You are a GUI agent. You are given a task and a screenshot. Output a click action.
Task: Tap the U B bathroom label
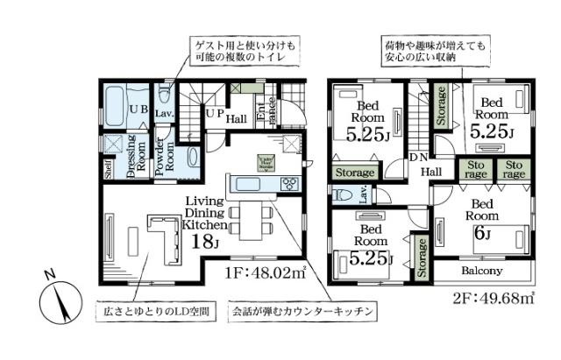(x=138, y=109)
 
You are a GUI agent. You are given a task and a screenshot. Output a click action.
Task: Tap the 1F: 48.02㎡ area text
(x=265, y=272)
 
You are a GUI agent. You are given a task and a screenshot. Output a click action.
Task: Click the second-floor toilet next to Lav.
(x=344, y=195)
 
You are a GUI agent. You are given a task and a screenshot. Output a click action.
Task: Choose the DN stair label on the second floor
(x=418, y=158)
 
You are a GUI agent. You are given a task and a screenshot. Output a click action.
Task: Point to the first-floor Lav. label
(x=163, y=114)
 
